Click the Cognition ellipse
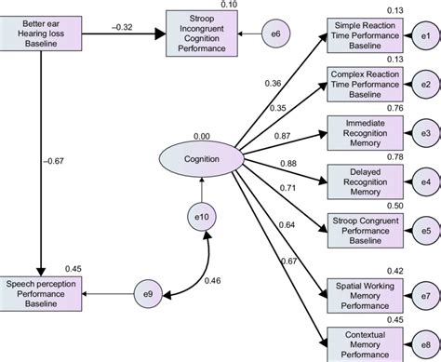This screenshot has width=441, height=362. pos(202,158)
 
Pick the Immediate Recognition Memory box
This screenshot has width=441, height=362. pos(364,132)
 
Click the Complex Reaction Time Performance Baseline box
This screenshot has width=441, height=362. pos(364,84)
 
